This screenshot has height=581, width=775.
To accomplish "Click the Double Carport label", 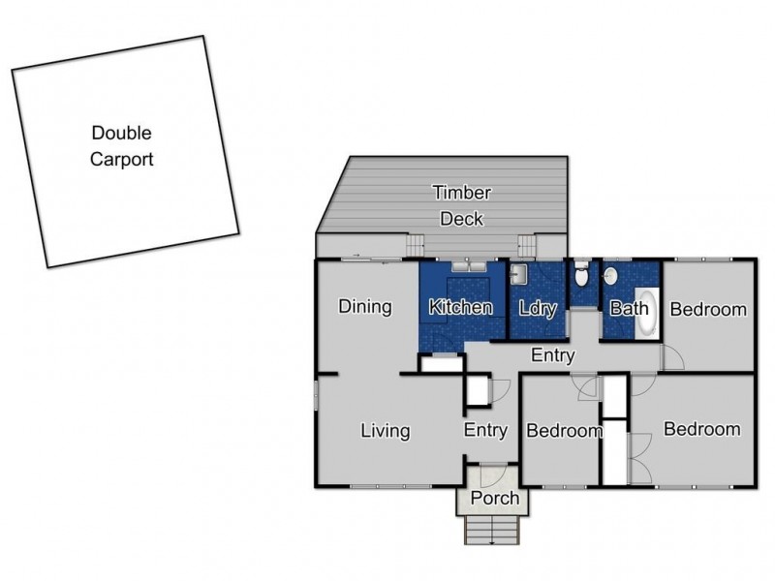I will click(122, 146).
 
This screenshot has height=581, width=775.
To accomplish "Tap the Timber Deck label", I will click(462, 205).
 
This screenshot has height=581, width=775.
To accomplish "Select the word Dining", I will click(365, 307).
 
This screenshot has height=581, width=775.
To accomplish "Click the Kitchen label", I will click(461, 308).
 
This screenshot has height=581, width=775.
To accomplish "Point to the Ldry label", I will click(537, 308).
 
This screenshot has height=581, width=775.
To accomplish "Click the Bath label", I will click(629, 310).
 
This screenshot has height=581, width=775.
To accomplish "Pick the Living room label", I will click(385, 431).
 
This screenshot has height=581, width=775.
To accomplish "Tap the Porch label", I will click(495, 499).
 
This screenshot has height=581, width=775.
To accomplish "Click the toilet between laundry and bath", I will click(581, 277).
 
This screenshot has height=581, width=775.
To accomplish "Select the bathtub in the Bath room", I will click(647, 314).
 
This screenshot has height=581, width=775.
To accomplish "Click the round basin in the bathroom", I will click(612, 276).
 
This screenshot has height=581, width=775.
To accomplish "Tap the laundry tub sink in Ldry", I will click(518, 274).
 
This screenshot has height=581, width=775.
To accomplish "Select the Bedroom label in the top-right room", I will click(709, 310).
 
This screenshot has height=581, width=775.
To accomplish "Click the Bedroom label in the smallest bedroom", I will click(564, 431).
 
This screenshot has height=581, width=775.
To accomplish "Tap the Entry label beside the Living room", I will click(485, 431).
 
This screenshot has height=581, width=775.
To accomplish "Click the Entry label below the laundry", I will click(552, 355).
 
